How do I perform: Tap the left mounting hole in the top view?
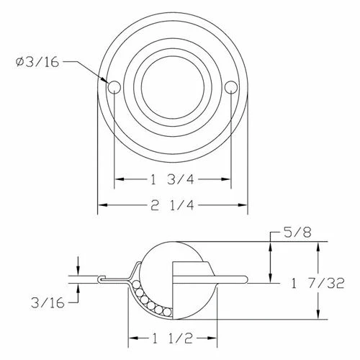114,87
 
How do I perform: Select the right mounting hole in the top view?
230,87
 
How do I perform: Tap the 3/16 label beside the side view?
45,304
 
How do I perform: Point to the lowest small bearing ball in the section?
166,312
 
